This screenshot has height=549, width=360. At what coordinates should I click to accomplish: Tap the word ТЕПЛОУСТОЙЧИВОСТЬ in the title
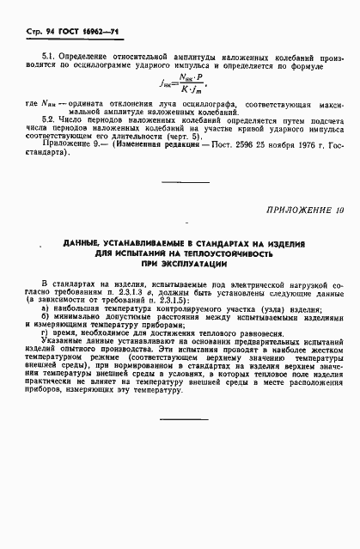coord(222,255)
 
